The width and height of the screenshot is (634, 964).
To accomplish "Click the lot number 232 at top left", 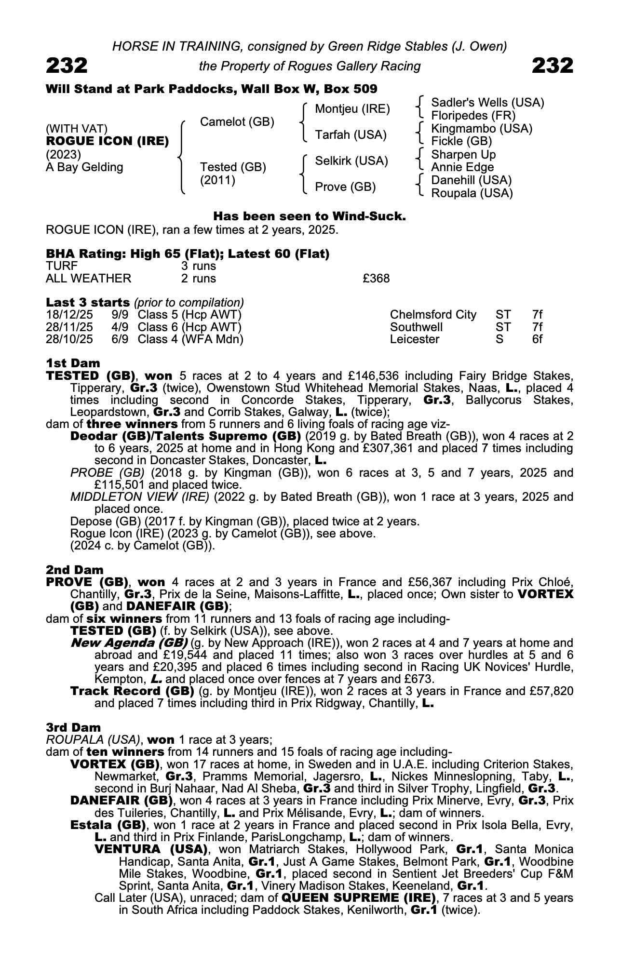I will point(67,66).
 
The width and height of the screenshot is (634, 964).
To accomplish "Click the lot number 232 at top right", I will point(553,66).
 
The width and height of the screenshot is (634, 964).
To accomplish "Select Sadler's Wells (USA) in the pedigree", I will point(487,103).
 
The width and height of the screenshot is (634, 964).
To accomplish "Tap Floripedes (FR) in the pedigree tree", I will point(473,116).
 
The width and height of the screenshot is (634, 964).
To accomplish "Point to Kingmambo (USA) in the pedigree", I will point(482,129).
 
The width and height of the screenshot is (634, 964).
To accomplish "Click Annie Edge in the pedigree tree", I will point(462,167).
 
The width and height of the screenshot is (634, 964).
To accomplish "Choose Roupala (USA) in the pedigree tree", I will point(472,193).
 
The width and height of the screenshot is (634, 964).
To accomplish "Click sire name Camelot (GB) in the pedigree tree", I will point(237,122).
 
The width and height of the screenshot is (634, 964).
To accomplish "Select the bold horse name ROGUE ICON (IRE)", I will point(107,141).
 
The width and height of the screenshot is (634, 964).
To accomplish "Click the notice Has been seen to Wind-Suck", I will point(309,216).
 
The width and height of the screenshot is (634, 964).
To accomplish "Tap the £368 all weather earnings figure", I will point(376,279).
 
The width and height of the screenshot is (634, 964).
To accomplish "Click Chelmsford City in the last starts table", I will point(432,315).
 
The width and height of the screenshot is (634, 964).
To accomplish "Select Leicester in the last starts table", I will point(415,339).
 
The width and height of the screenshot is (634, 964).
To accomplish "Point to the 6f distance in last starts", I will point(537,339).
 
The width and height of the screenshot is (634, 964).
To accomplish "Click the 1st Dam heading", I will point(73,363).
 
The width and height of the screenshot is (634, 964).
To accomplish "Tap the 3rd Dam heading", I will point(73,728).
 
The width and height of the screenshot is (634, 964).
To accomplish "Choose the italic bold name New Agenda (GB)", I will point(129,643).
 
